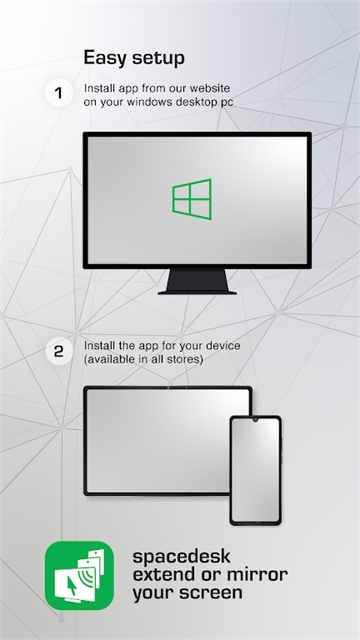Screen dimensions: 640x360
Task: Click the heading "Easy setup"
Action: click(x=133, y=58)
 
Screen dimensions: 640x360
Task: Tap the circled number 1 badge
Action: click(x=58, y=94)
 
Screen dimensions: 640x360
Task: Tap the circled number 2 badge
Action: click(x=58, y=350)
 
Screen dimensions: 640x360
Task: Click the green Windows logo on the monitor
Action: click(x=192, y=199)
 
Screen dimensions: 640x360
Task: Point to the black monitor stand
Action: click(x=197, y=282)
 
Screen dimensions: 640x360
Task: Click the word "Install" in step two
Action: click(x=97, y=346)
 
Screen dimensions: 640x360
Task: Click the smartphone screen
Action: click(x=255, y=468)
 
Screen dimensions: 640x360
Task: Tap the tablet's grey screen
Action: click(x=157, y=440)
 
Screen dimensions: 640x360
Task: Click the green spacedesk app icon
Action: click(x=79, y=575)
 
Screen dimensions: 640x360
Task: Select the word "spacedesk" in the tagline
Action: click(x=181, y=557)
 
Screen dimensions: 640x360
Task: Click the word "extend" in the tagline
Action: click(x=163, y=575)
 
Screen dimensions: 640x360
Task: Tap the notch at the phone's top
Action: click(x=255, y=421)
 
